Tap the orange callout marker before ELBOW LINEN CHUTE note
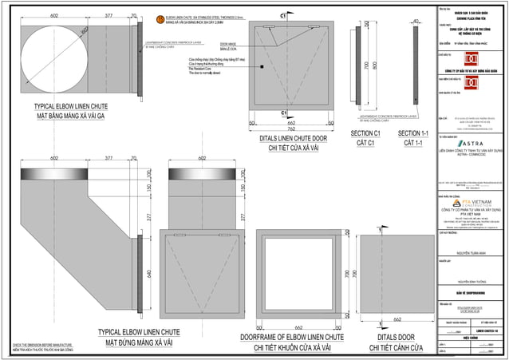click(159, 18)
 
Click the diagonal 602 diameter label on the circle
click(83, 32)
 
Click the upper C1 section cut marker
click(283, 16)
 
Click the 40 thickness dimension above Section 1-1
click(416, 22)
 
